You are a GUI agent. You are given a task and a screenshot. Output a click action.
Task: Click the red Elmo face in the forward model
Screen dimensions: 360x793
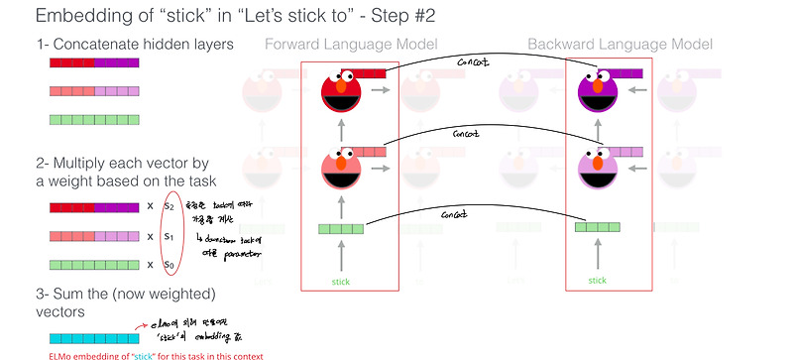(x=342, y=97)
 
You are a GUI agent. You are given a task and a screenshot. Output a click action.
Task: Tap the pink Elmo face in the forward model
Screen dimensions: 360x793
(x=342, y=172)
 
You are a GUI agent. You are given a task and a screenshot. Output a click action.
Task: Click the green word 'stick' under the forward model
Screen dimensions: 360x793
(x=341, y=281)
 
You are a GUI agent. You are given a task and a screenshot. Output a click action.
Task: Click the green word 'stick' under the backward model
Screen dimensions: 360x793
(x=596, y=281)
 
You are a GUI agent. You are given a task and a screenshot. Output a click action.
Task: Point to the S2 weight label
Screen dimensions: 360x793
(x=168, y=206)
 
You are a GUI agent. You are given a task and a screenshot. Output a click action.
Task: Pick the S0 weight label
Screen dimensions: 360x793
(x=168, y=265)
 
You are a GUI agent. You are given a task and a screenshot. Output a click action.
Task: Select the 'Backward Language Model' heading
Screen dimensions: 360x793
(x=620, y=45)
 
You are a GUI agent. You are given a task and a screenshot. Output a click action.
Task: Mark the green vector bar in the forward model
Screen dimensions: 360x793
(x=341, y=230)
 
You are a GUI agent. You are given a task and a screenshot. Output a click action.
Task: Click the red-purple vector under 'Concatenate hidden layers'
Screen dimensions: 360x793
(x=94, y=61)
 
